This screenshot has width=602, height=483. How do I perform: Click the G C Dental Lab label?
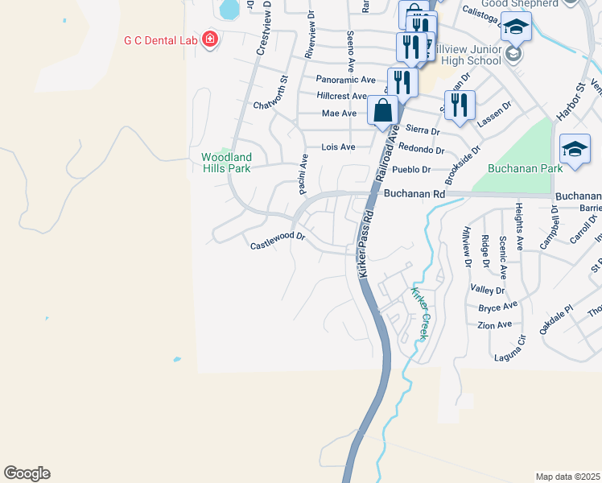(159, 39)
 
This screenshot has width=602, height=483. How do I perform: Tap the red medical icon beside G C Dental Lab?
(210, 39)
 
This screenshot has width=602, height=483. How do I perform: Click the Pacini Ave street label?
(303, 174)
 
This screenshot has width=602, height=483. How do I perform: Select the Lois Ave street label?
(338, 147)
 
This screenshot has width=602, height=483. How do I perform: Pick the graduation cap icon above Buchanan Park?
(575, 150)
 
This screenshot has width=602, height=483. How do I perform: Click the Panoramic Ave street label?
(346, 80)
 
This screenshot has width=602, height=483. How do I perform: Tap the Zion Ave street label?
(494, 324)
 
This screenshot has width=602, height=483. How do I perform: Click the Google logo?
(27, 473)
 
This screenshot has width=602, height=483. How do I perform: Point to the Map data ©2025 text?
(567, 477)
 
